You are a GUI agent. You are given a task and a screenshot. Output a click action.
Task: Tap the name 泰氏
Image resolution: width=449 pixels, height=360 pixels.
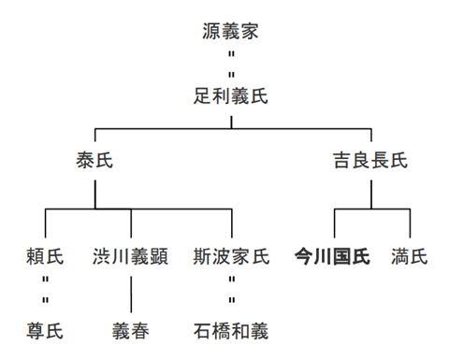coord(94,161)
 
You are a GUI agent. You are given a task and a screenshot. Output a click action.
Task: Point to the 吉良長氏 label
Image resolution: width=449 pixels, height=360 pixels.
coord(370,161)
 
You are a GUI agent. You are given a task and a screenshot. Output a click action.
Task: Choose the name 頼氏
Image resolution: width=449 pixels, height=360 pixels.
coord(46,256)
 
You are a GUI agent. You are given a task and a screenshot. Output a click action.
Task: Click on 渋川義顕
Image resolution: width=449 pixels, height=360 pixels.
coord(131,256)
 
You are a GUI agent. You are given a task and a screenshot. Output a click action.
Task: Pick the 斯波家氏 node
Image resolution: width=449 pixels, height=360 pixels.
coord(230,256)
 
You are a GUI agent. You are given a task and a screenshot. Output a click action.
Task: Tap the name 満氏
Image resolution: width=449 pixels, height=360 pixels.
coord(410,256)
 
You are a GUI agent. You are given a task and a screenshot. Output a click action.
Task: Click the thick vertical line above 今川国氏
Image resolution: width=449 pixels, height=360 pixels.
coord(334,223)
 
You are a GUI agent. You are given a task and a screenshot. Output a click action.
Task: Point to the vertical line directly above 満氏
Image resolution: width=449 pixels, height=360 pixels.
coord(410,223)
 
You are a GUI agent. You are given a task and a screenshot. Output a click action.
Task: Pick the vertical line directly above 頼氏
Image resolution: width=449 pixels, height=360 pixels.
coord(46,223)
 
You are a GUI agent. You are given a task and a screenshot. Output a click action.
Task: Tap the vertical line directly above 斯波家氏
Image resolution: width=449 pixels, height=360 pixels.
coord(230,223)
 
